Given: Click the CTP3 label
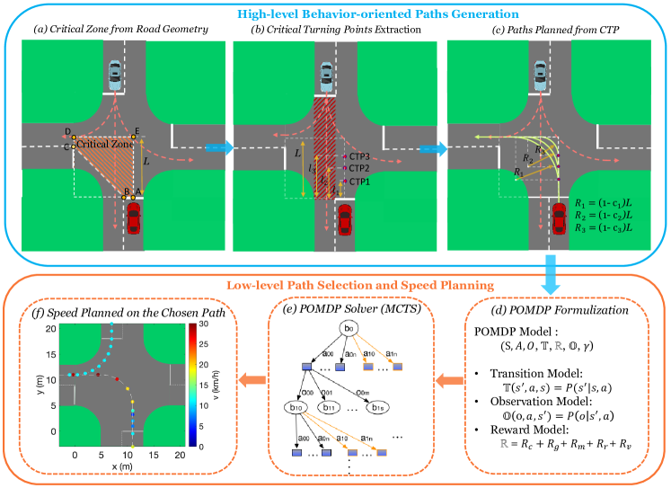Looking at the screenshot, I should [x=360, y=156].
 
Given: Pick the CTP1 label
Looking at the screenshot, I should [x=360, y=182].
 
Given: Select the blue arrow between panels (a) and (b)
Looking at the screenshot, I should [x=216, y=147].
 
